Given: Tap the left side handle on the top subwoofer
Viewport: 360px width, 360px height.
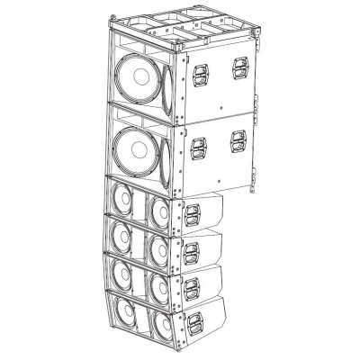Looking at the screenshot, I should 197,68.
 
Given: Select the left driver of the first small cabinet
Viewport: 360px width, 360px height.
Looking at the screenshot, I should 121,199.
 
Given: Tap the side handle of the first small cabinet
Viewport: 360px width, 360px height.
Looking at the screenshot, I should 191,212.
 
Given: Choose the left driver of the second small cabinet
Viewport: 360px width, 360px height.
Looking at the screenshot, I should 121,236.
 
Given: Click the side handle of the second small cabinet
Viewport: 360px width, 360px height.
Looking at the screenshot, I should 191,251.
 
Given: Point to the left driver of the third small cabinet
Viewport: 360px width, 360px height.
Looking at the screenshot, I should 121,273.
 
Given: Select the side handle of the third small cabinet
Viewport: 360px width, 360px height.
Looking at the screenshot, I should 191,287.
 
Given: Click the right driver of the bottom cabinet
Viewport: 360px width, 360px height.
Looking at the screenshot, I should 162,323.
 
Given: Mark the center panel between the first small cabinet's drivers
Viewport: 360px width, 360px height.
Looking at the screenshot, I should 140,203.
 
